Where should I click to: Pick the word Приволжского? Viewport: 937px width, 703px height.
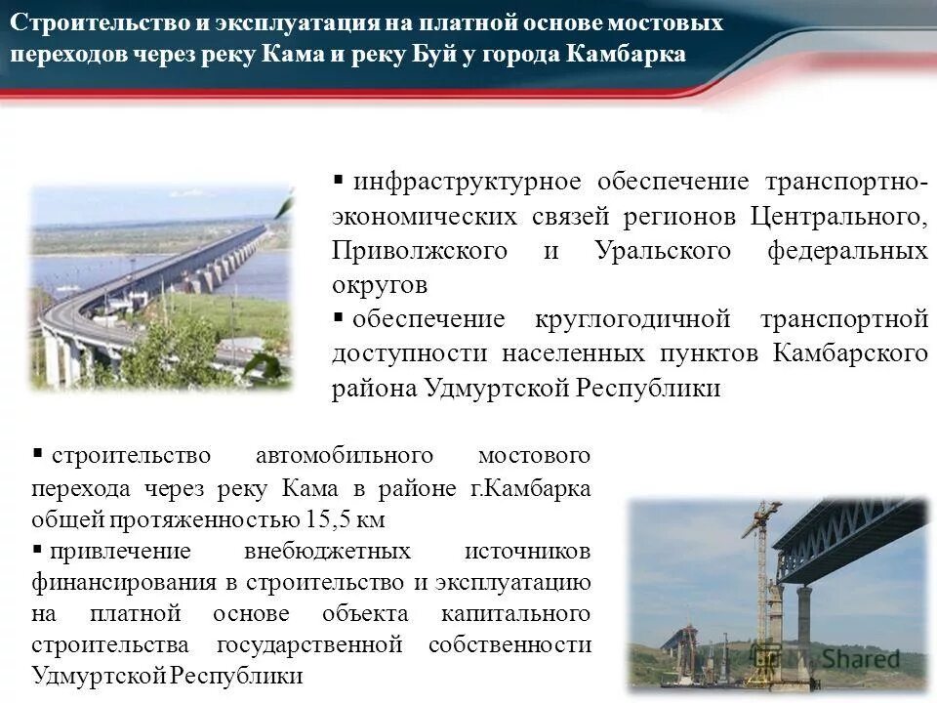click(419, 250)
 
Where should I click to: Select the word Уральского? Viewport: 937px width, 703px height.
click(662, 250)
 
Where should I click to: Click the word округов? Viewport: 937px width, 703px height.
click(379, 284)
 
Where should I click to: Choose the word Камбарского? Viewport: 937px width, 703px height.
click(850, 352)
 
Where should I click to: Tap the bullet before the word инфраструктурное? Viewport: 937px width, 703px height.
click(339, 181)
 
